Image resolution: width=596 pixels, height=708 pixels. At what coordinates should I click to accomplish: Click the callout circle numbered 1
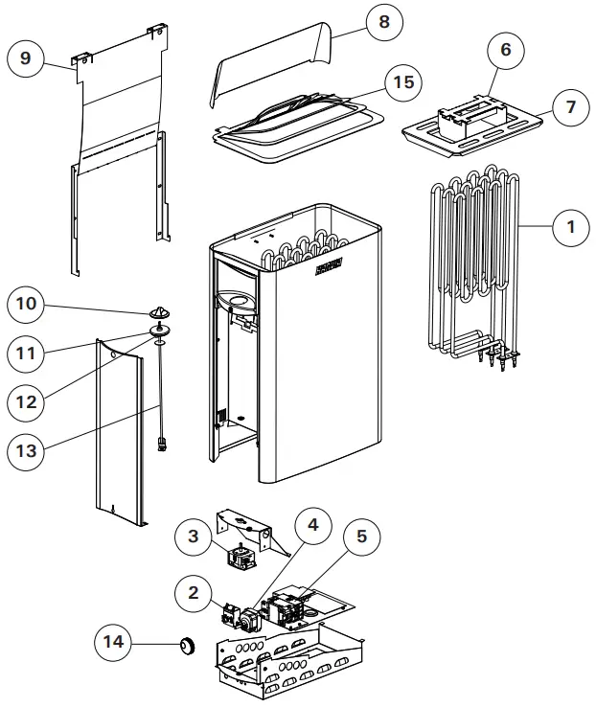pos(571,227)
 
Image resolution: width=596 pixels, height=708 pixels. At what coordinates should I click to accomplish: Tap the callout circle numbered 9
pos(26,58)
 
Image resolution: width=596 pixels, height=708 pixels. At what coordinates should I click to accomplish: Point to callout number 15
pos(405,82)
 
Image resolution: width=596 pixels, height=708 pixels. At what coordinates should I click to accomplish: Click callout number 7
pos(571,106)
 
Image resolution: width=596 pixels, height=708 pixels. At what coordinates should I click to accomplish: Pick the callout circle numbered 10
pos(26,305)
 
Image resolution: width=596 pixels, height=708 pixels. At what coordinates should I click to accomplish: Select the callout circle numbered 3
pos(195,537)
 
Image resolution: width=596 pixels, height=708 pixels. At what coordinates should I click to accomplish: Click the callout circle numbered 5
pos(361,537)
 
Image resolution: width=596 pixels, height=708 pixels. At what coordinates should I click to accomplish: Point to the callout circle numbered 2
pos(195,594)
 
